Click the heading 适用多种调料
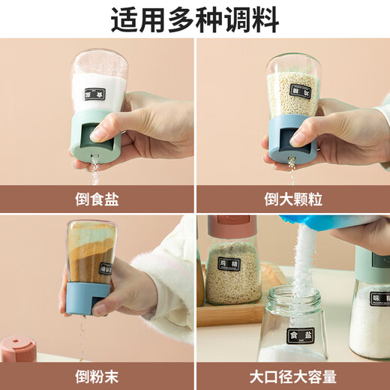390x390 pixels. point(194,19)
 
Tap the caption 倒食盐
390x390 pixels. point(97,199)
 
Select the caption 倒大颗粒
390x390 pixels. point(293,199)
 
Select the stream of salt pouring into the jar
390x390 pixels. point(303,255)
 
